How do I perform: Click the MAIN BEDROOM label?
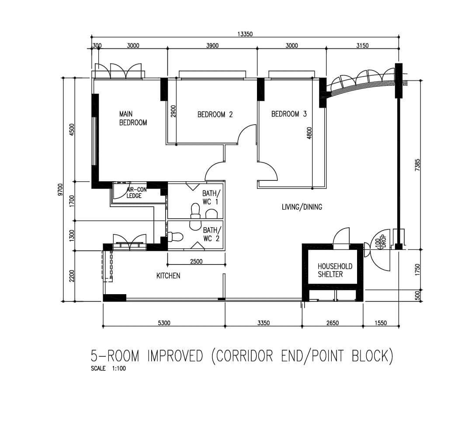pos(133,118)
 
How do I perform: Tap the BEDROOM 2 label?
pos(215,115)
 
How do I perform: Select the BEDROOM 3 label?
pos(289,114)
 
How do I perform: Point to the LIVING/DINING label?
pos(302,207)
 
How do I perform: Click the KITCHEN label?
pos(168,275)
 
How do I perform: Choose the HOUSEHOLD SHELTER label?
pos(335,270)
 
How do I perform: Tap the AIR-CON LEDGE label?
pos(136,193)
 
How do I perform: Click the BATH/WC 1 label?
pos(211,197)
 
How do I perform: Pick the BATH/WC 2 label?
pos(212,234)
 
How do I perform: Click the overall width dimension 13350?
pos(245,34)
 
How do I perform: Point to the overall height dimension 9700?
pos(60,190)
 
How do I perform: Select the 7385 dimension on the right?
pos(417,165)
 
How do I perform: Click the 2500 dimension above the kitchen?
pos(196,261)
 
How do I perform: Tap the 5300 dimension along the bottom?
pos(164,323)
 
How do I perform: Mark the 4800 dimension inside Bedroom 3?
pos(309,133)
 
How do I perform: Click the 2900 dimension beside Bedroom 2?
pos(173,111)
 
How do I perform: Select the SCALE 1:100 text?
pos(108,368)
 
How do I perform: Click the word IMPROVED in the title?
pos(175,356)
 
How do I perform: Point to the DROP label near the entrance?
pos(384,242)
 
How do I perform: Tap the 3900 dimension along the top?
pos(212,46)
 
